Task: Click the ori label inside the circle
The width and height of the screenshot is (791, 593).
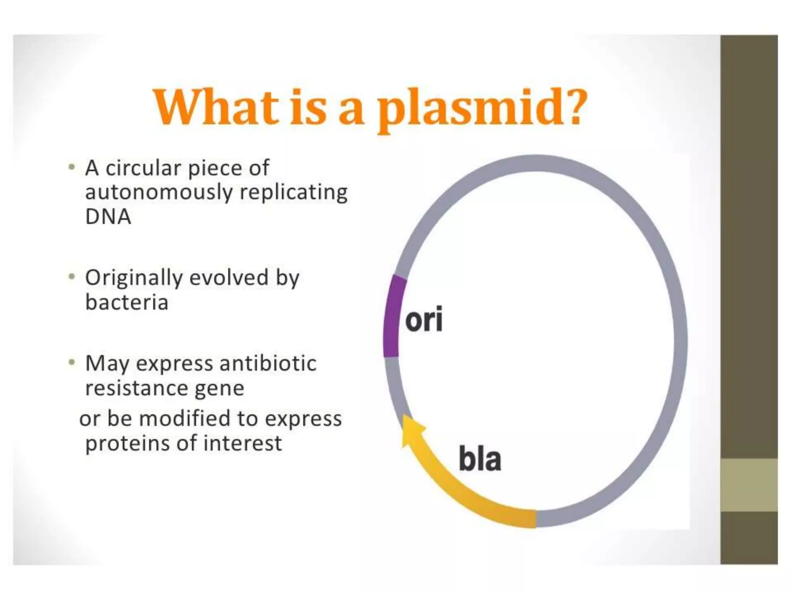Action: click(x=424, y=320)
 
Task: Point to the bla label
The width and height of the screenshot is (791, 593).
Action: click(x=480, y=459)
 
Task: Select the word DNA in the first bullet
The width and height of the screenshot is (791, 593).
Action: click(x=108, y=216)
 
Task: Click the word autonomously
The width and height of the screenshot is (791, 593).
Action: click(x=159, y=192)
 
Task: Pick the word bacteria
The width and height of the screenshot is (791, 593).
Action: click(x=127, y=302)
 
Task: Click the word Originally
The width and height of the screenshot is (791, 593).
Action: click(x=134, y=278)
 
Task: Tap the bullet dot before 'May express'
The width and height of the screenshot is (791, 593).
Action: click(x=71, y=362)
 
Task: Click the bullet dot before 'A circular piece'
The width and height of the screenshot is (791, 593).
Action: click(x=71, y=167)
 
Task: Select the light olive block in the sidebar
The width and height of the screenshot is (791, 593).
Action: click(x=749, y=485)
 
